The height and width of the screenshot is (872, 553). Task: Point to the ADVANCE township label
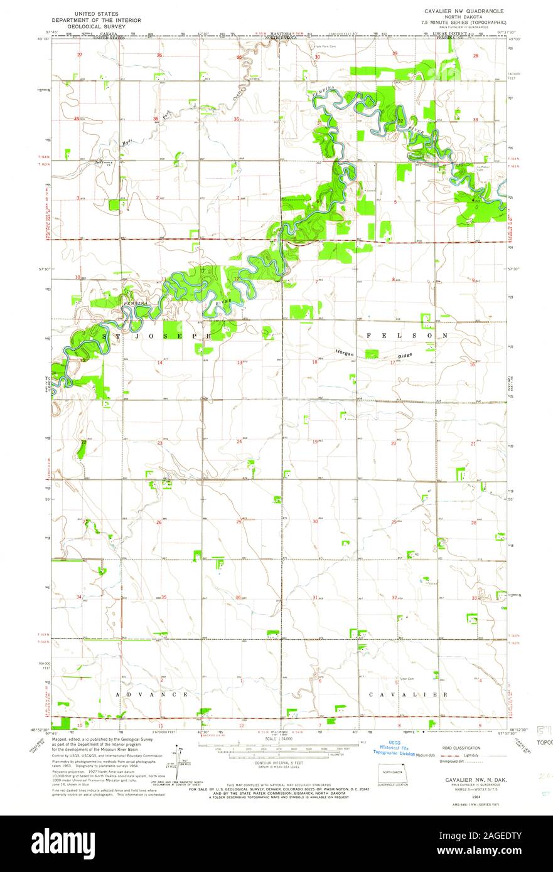tap(151, 695)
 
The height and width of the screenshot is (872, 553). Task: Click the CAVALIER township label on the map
tap(408, 695)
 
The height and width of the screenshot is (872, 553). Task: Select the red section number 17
tap(392, 363)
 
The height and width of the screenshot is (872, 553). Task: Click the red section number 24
tap(239, 442)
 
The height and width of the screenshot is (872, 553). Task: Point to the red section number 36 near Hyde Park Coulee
tap(236, 119)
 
